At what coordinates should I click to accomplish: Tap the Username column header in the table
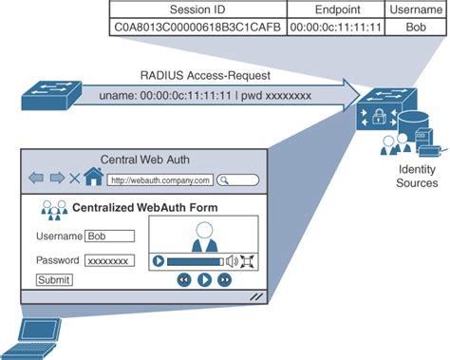coord(415,9)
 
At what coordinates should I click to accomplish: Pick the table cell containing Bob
coord(415,28)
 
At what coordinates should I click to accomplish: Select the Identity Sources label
coord(417,176)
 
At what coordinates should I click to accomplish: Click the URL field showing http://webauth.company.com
coord(158,180)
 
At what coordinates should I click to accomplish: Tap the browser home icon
coord(93,178)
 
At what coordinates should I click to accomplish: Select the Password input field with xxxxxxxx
coord(109,259)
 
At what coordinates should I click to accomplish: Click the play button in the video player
coord(159,260)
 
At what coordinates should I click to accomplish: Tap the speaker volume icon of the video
coord(232,260)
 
